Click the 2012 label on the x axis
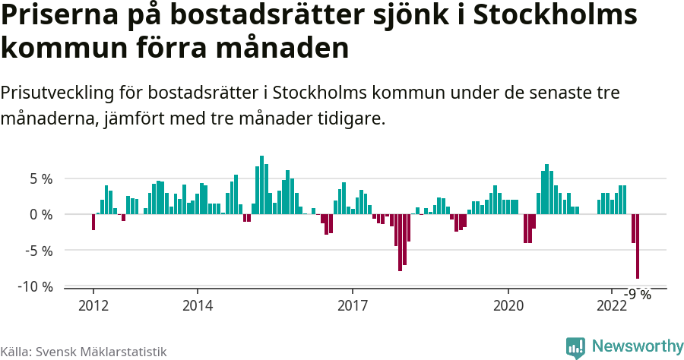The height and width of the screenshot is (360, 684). [93, 305]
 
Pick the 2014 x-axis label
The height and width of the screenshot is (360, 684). [197, 305]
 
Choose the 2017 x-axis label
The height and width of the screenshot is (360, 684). [353, 305]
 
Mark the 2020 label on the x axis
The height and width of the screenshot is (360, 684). [508, 305]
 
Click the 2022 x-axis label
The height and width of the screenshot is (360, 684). [612, 305]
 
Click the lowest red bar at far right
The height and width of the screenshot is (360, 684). [638, 247]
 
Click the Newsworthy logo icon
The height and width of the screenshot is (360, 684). [575, 347]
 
